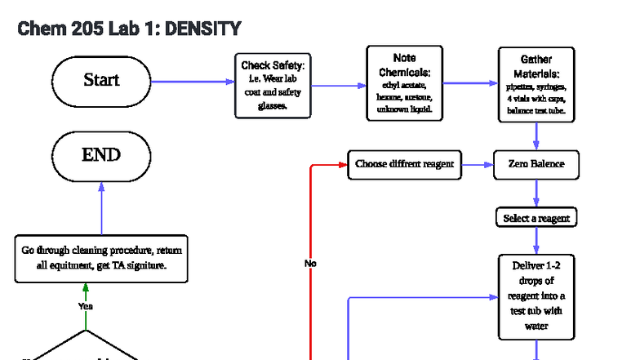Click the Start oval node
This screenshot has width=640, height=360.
coord(101,81)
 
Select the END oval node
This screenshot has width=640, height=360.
coord(101,155)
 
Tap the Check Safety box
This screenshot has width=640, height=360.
coord(273,85)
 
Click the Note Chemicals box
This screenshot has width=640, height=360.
coord(404,83)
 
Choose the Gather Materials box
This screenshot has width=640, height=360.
coord(536,84)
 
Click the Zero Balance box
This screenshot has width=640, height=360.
coord(536,164)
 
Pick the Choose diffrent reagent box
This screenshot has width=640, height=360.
coord(404,164)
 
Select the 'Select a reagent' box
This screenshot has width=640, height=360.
coord(536,218)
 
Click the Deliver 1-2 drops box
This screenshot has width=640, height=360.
coord(536,296)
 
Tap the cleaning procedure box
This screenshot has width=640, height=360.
coord(101,258)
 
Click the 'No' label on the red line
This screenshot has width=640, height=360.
coord(310,264)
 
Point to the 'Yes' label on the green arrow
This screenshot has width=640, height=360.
coord(86,306)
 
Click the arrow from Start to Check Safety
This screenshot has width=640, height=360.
coord(193,82)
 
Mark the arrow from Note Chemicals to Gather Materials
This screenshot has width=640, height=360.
coord(470,83)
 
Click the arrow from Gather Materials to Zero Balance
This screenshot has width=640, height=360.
coord(536,136)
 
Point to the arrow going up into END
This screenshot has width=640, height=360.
coord(101,207)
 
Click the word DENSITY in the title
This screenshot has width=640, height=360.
coord(202,29)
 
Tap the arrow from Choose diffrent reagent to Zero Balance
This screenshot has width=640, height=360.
coord(478,165)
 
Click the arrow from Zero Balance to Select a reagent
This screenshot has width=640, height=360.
coord(536,193)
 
